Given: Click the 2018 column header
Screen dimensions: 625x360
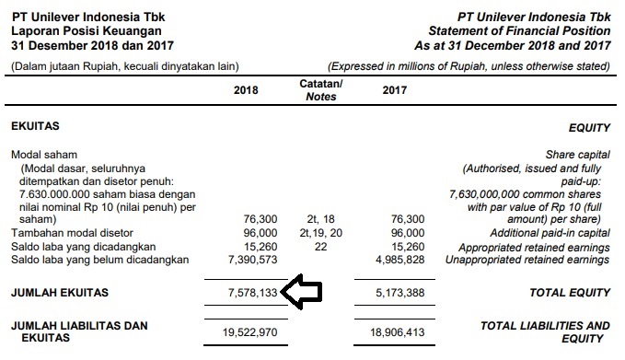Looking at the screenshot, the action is (247, 90).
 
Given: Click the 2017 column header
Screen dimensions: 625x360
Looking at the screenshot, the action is (394, 90).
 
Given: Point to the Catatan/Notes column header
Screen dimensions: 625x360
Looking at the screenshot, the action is (321, 90).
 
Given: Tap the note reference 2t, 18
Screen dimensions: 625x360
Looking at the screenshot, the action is (320, 219).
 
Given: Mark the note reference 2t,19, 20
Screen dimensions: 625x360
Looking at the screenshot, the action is (320, 233).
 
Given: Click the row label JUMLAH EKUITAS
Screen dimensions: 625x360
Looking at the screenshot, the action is (59, 293).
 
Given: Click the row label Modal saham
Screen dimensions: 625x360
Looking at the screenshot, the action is (44, 155).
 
